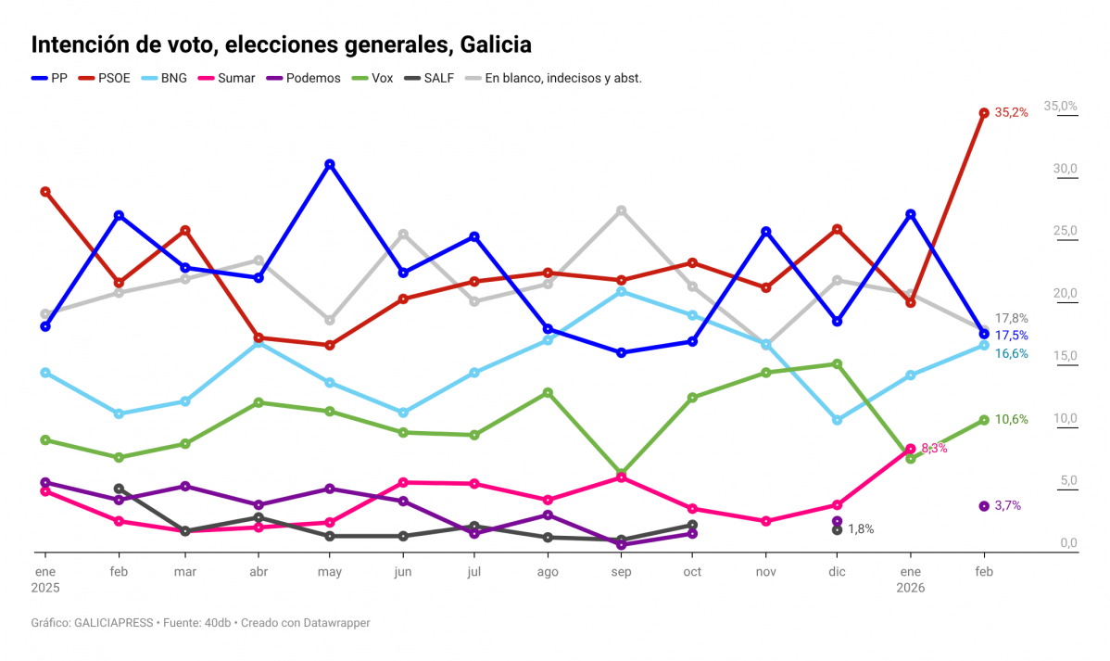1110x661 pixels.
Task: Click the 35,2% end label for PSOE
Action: point(1011,112)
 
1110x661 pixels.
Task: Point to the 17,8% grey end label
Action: point(1011,318)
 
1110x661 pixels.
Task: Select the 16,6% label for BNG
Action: point(1011,353)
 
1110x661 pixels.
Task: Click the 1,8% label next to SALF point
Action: point(861,529)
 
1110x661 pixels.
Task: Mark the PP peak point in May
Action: point(329,164)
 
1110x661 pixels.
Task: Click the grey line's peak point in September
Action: point(622,210)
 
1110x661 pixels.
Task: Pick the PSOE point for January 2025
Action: point(44,191)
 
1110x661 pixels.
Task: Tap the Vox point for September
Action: point(622,474)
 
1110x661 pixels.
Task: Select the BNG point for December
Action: point(837,420)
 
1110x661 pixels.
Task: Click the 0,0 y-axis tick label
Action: point(1067,543)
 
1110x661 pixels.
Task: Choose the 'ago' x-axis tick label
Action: point(548,572)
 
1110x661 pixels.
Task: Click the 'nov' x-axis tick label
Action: point(765,572)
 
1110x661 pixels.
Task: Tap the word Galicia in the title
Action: point(494,44)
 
